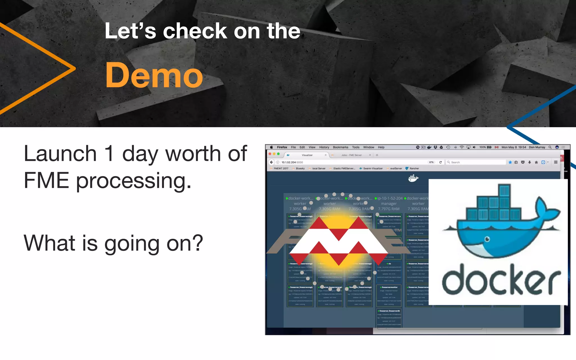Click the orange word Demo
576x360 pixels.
tap(154, 75)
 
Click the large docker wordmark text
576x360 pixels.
tap(501, 280)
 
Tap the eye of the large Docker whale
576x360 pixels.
tap(487, 239)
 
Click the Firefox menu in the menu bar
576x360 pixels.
tap(282, 147)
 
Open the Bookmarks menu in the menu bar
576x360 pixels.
tap(340, 147)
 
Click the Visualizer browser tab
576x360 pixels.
tap(307, 155)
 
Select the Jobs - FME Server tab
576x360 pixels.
tap(351, 155)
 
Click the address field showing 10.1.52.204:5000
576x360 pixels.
tap(292, 162)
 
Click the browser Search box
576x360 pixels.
tap(475, 162)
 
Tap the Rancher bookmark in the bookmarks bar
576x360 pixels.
tap(414, 168)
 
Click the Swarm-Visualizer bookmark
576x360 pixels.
tap(373, 168)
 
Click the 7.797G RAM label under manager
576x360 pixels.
tap(389, 209)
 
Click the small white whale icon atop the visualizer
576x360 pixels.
tap(413, 178)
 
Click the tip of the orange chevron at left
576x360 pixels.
tap(74, 68)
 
